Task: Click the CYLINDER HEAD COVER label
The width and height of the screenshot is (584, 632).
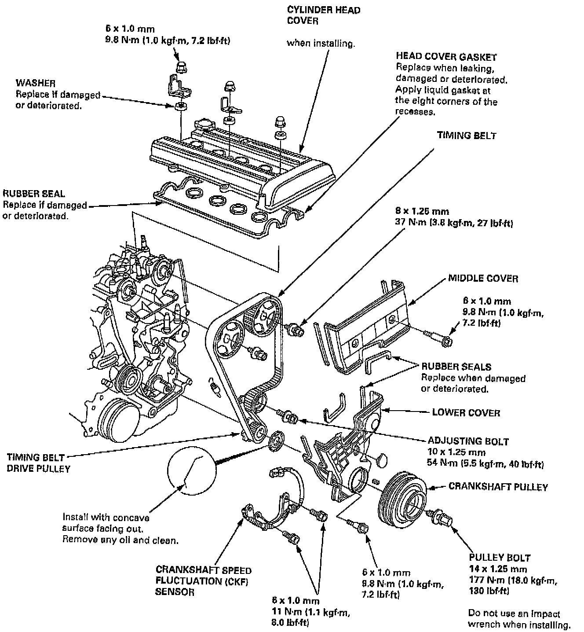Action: (x=323, y=15)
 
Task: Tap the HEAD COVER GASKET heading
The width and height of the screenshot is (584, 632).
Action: (x=446, y=57)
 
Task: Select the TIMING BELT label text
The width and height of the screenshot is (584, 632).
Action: (x=466, y=136)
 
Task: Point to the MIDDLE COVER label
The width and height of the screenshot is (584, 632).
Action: (x=483, y=278)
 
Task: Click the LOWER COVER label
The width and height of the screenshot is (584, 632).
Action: (x=466, y=412)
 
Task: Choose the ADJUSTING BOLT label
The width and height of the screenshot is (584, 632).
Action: (x=468, y=441)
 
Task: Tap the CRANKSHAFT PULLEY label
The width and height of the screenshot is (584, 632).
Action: (x=498, y=487)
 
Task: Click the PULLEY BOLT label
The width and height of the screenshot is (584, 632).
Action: (x=499, y=558)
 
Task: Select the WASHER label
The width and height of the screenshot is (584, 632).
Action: (x=36, y=83)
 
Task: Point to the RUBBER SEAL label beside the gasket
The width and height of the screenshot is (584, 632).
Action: (x=33, y=193)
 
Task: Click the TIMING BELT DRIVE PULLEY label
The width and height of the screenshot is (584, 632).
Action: (x=38, y=463)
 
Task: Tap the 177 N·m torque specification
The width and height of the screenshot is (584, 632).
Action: (x=511, y=581)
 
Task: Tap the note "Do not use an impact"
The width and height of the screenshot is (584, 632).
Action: (x=514, y=614)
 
